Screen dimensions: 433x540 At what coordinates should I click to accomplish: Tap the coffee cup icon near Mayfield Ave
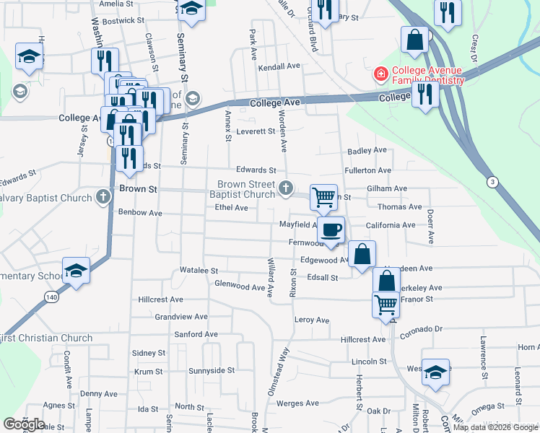point(331,230)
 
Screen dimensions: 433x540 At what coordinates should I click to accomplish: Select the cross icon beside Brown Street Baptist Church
point(286,189)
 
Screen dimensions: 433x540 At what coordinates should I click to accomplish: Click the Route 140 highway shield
point(56,297)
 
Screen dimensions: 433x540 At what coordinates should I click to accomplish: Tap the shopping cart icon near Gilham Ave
point(324,196)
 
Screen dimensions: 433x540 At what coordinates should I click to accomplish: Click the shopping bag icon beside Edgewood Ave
point(362,254)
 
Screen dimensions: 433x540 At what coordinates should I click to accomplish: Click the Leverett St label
point(256,131)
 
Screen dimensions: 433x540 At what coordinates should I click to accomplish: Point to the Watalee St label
point(199,271)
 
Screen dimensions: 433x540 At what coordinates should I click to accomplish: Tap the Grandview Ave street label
point(181,316)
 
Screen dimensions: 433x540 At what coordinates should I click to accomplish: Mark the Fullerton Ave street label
point(368,170)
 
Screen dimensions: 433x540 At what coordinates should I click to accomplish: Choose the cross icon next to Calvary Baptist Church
point(103,197)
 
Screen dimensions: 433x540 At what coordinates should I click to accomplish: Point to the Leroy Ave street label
point(311,320)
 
